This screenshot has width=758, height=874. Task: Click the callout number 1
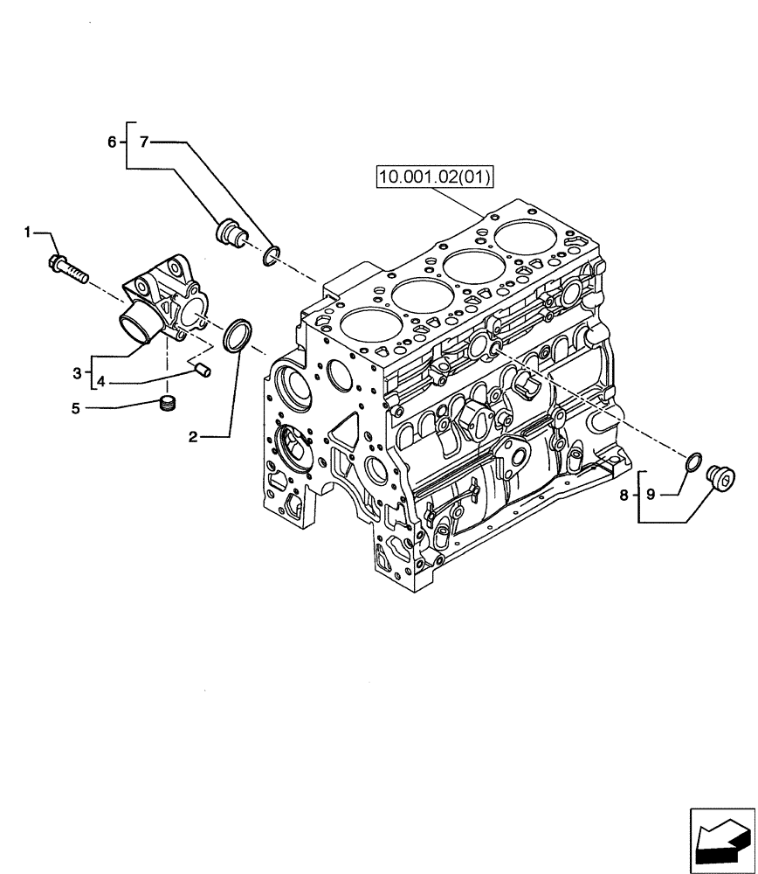[x=28, y=232]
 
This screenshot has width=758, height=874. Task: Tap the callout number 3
[x=78, y=373]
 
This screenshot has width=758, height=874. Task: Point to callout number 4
[x=101, y=382]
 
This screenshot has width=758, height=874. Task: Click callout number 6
[x=113, y=142]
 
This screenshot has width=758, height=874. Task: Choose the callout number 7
[x=145, y=142]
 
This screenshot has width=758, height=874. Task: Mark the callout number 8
[x=624, y=496]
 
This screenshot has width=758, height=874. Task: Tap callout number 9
[x=651, y=496]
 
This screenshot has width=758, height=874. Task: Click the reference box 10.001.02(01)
[x=435, y=178]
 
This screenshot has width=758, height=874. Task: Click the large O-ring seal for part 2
[x=238, y=336]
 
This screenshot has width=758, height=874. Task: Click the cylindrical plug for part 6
[x=231, y=232]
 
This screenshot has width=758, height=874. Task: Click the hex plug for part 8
[x=723, y=478]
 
